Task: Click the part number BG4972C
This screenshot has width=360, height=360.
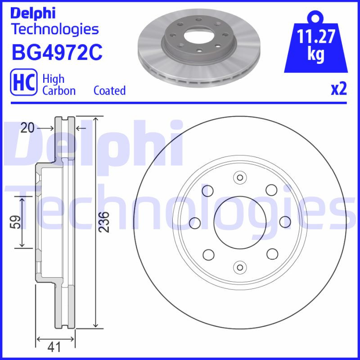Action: click(x=57, y=53)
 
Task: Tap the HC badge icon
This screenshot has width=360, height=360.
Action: click(x=23, y=84)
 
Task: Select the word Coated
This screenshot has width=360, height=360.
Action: click(x=109, y=90)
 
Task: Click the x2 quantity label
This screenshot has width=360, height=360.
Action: click(x=339, y=90)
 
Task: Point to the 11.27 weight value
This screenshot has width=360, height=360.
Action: click(x=316, y=36)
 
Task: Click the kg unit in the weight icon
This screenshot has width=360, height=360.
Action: click(x=316, y=54)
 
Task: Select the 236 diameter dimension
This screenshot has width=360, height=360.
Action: click(x=103, y=222)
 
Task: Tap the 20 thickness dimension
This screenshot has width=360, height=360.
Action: click(x=27, y=128)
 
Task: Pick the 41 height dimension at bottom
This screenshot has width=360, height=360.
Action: click(x=55, y=347)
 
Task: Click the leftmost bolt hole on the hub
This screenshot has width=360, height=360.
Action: click(x=195, y=222)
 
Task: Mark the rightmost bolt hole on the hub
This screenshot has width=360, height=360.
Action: click(x=284, y=222)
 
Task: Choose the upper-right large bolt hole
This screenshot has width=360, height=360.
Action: click(x=271, y=190)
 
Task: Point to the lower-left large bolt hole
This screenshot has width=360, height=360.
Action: click(x=208, y=254)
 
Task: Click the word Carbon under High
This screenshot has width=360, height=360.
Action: click(x=59, y=90)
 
